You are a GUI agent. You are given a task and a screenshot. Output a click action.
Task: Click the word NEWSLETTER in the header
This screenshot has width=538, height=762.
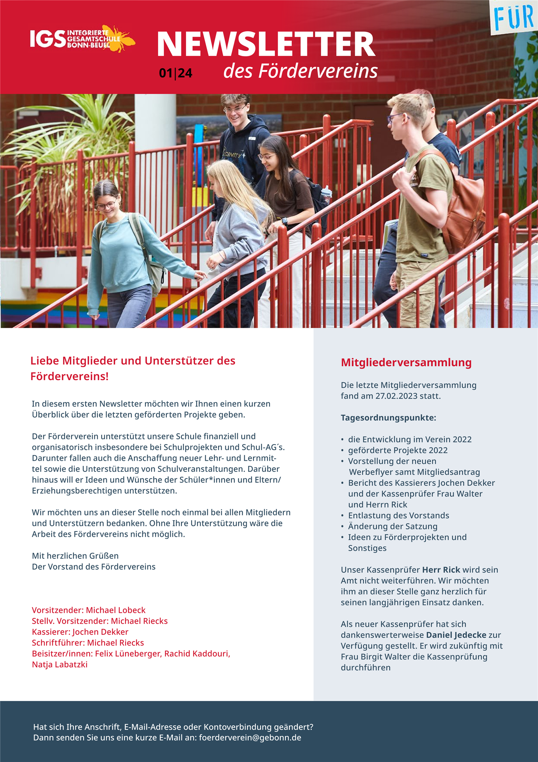266,44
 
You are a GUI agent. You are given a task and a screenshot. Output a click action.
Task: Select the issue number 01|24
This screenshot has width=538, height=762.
175,73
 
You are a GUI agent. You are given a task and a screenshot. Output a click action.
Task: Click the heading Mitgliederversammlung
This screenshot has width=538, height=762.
406,362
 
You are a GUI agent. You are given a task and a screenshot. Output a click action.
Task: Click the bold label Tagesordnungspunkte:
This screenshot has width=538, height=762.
388,418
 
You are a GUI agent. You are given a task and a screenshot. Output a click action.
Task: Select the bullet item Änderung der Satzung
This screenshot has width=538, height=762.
392,526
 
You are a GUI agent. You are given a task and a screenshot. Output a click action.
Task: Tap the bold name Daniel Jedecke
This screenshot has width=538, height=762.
456,635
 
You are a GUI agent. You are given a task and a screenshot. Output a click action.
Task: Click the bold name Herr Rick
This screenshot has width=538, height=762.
441,570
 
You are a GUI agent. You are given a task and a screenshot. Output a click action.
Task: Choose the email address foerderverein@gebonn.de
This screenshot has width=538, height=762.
250,738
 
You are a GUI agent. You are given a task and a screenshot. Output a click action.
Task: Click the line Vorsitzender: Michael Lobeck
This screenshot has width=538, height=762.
88,610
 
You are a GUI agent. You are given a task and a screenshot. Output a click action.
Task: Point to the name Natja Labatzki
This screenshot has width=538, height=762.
59,664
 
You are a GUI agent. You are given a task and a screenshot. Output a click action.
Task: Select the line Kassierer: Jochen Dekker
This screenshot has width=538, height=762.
80,632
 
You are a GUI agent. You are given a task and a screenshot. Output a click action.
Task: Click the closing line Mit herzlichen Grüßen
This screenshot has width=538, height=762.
75,556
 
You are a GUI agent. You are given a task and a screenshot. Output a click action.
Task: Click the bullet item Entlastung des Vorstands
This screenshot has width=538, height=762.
398,516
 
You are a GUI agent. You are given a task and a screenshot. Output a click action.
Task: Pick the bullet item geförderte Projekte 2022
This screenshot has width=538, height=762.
398,450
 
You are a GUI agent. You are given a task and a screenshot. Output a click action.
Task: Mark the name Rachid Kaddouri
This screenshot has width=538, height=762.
197,654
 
